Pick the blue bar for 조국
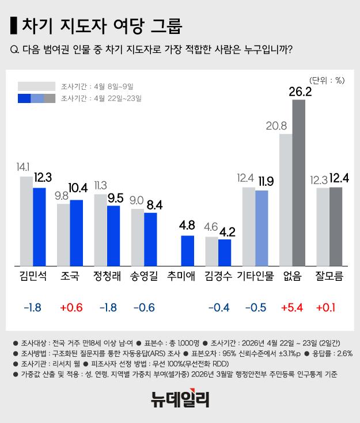tap(76, 233)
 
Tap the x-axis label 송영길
tap(144, 277)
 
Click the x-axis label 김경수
tap(218, 277)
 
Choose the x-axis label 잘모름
tap(329, 277)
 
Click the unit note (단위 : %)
tap(327, 80)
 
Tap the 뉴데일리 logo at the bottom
tap(180, 399)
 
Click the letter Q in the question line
tap(14, 49)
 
